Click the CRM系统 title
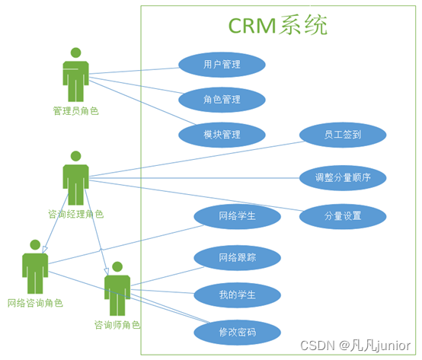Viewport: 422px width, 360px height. click(279, 25)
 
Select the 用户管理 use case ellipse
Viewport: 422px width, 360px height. click(222, 65)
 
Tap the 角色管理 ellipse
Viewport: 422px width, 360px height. click(222, 99)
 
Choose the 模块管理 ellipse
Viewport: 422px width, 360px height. click(222, 134)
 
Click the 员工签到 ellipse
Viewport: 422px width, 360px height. click(342, 134)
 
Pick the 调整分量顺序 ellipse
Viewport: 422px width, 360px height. click(342, 178)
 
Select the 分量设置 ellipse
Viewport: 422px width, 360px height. click(342, 216)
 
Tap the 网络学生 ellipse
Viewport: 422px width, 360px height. click(237, 216)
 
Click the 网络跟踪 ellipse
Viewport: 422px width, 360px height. click(237, 257)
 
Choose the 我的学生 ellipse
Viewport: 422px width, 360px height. click(237, 294)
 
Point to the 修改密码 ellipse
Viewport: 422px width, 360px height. click(237, 332)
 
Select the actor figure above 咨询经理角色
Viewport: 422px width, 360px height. click(75, 178)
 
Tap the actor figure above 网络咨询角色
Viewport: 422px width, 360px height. click(35, 266)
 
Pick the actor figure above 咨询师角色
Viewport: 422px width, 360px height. click(117, 288)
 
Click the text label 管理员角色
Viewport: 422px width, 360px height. click(75, 111)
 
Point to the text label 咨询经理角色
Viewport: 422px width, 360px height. click(75, 214)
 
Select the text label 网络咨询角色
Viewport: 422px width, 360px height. click(35, 303)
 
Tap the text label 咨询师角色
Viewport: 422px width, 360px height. click(117, 324)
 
